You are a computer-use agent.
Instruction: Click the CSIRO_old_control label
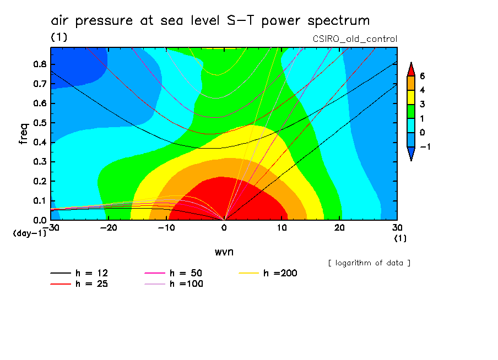tap(355, 39)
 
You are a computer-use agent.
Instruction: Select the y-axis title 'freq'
tap(23, 133)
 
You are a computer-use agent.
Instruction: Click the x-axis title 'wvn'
tap(223, 251)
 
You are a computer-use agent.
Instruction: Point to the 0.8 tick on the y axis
tap(39, 64)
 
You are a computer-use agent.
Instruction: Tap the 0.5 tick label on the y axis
tap(39, 123)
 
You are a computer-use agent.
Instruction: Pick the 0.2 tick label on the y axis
tap(39, 181)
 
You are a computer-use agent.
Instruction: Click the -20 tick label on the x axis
tap(109, 227)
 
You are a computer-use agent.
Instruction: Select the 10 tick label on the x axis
tap(281, 227)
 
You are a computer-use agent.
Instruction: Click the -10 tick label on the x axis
tap(166, 227)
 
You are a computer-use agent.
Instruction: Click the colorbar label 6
tap(422, 75)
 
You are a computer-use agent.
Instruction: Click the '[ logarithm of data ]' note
tap(369, 263)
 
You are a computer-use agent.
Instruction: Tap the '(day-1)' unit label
tap(29, 233)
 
